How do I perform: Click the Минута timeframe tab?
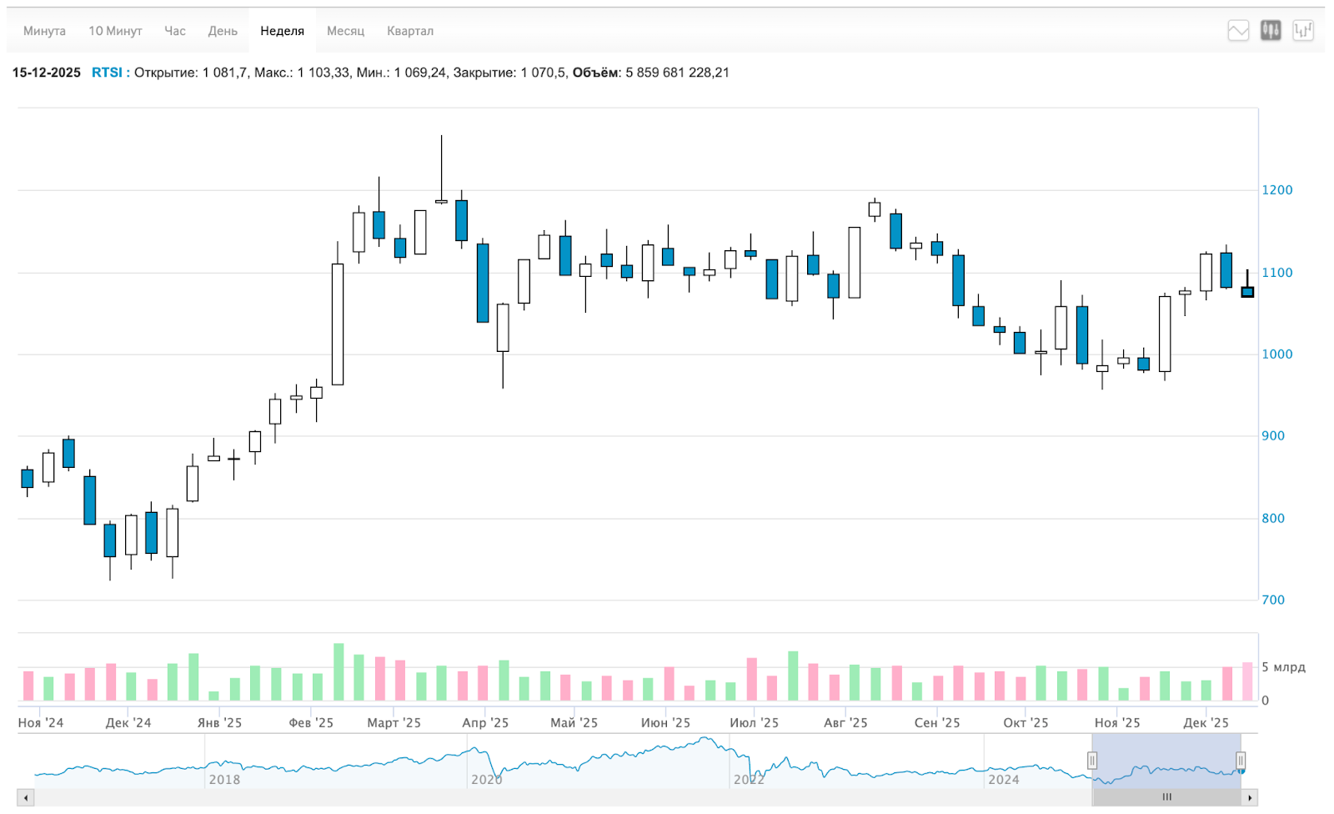click(44, 31)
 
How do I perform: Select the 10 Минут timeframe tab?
click(115, 31)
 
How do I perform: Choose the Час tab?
click(175, 31)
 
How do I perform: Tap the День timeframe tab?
click(223, 31)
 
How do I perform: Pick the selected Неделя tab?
click(282, 31)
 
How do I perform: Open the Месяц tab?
click(345, 31)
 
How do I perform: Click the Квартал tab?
click(410, 31)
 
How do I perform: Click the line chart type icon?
click(1238, 31)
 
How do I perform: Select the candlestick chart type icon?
click(1271, 31)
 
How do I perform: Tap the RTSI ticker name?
click(107, 73)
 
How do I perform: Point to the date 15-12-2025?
click(47, 73)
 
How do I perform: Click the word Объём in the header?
click(595, 73)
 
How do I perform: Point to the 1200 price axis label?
click(1276, 190)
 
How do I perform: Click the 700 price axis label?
click(1273, 600)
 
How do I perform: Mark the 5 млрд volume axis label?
click(1283, 667)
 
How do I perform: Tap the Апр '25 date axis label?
click(485, 722)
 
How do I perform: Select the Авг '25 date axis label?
click(845, 722)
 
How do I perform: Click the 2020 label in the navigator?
click(487, 779)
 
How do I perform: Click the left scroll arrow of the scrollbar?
click(26, 798)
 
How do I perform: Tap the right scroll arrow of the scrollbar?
click(1249, 798)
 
